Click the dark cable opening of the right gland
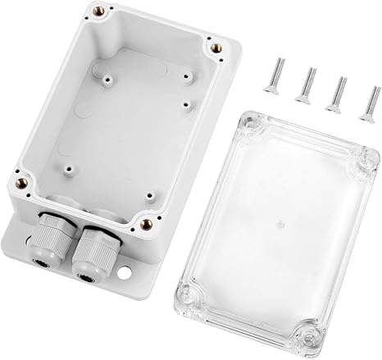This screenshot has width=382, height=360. pyautogui.click(x=82, y=276)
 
